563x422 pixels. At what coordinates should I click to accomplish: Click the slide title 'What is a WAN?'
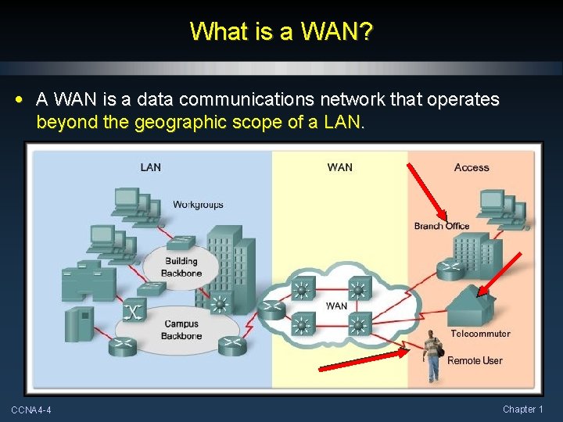pos(281,32)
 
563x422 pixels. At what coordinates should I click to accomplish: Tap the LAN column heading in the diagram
pos(151,167)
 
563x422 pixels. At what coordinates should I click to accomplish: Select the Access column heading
pos(472,167)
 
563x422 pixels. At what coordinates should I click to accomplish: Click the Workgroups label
pos(198,205)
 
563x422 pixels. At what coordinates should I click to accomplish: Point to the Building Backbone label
pos(181,267)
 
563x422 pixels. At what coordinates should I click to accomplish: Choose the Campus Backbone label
pos(182,330)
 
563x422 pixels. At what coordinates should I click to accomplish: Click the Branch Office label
pos(442,227)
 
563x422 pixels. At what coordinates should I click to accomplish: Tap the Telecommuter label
pos(480,334)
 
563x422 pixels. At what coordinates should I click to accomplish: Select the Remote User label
pos(475,360)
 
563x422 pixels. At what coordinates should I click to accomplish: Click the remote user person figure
pos(432,356)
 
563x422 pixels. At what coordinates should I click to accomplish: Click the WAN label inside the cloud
pos(336,306)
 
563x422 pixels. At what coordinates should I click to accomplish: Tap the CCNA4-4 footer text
pos(31,409)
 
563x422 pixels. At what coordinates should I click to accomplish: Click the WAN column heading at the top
pos(339,167)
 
